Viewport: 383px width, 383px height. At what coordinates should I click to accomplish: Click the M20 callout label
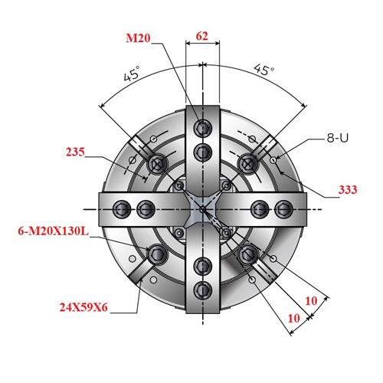[138, 38]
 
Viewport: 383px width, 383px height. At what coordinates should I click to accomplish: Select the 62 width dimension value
[202, 36]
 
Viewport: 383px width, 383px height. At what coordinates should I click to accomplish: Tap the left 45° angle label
[132, 74]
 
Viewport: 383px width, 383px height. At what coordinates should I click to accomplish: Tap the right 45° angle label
[264, 70]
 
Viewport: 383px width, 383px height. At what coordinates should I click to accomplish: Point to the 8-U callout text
[338, 138]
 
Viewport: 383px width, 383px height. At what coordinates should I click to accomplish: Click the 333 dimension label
[348, 190]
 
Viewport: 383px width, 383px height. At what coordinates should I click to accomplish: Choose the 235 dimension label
[75, 152]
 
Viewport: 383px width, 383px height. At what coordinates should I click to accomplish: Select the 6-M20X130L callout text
[53, 231]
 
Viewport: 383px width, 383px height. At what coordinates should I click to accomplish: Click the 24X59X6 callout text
[83, 307]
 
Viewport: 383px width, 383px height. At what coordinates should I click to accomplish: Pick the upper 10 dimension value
[311, 301]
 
